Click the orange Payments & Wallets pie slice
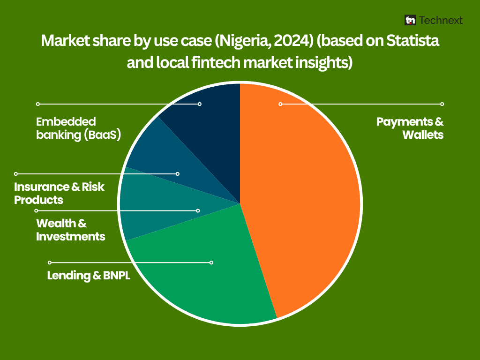click(303, 196)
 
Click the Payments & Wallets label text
click(410, 128)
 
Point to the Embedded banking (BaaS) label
click(78, 128)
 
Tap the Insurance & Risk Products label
click(59, 193)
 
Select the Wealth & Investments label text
click(70, 230)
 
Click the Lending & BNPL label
click(89, 276)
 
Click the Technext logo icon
click(410, 20)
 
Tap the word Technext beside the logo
click(441, 20)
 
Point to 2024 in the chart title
click(293, 41)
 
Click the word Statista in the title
click(412, 41)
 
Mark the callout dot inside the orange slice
click(280, 104)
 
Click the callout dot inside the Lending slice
click(211, 262)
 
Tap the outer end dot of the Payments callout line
click(442, 104)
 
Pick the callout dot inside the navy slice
click(200, 104)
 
